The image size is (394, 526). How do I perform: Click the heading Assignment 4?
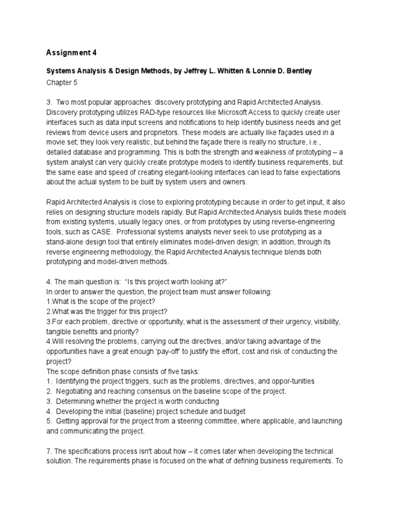[x=71, y=52]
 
